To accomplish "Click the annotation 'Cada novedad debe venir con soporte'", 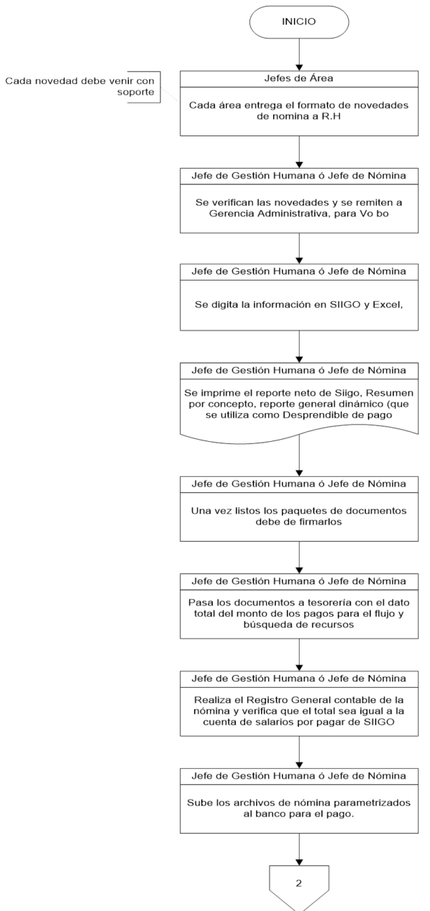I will click(81, 87).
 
